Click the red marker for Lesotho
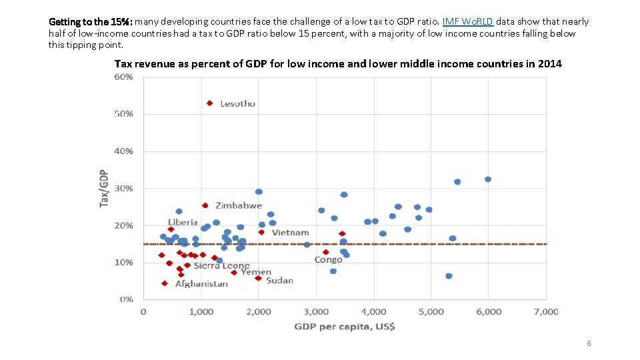(x=209, y=103)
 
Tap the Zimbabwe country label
(x=238, y=206)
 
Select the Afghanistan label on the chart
(x=201, y=284)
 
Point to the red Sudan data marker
(x=258, y=278)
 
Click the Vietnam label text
(x=290, y=233)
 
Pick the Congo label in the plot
(x=328, y=260)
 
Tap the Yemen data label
(x=256, y=272)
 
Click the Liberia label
(x=183, y=222)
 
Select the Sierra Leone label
(x=222, y=266)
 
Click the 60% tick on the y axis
(x=124, y=77)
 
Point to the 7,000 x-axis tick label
(x=546, y=312)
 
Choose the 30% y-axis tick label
(x=124, y=189)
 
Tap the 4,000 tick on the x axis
(x=373, y=312)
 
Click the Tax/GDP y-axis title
(x=105, y=187)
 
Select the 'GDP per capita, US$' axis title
(x=345, y=326)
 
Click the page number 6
(x=589, y=343)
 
